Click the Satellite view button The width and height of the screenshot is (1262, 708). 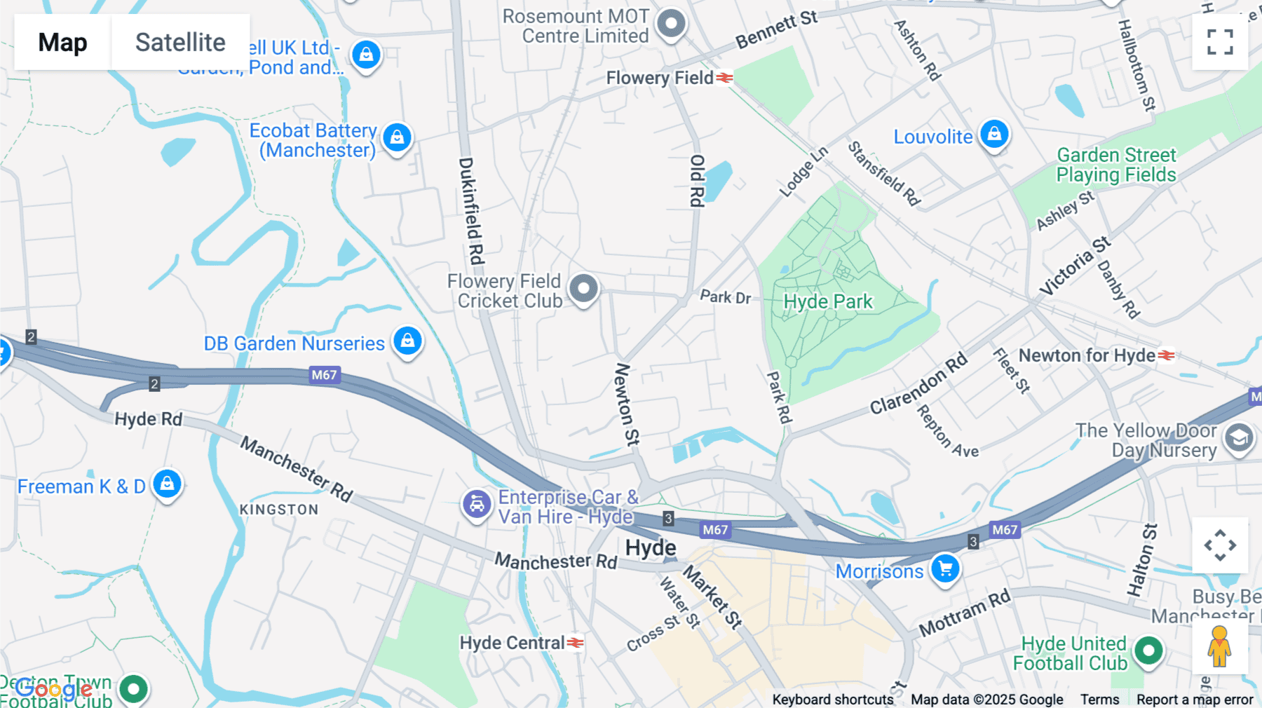[x=180, y=42]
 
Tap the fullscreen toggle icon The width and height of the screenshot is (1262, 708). [x=1220, y=42]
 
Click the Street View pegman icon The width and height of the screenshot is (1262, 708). [x=1219, y=646]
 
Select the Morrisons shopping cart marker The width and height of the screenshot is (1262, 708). [x=945, y=569]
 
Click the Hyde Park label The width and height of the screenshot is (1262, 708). [x=828, y=302]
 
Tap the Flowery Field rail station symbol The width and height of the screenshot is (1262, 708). [x=725, y=78]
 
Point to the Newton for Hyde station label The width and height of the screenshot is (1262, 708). [x=1086, y=355]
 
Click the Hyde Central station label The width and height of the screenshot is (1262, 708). [x=512, y=643]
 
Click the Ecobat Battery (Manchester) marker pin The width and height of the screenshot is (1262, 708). [x=397, y=137]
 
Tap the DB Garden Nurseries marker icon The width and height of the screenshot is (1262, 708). [x=407, y=341]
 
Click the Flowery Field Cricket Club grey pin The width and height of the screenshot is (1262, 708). [x=583, y=288]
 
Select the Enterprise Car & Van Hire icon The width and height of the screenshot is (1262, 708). [x=477, y=504]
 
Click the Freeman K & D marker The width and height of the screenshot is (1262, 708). [x=167, y=484]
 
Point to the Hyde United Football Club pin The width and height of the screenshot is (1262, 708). [x=1148, y=651]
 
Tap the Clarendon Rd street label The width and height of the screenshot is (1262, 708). [x=918, y=384]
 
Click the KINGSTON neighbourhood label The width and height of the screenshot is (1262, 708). [x=279, y=510]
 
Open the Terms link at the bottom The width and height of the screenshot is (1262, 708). [x=1099, y=699]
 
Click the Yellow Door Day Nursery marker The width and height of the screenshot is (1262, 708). [x=1238, y=438]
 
